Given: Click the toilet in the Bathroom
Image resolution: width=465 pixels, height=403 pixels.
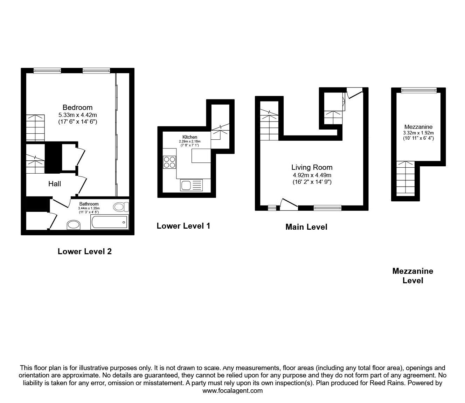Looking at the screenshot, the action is [121, 207].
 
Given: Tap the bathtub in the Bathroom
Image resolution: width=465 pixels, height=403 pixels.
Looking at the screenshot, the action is [110, 222].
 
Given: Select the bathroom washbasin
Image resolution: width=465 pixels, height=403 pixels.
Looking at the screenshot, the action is [74, 225].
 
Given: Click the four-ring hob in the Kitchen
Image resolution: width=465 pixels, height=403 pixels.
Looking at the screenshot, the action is [169, 162].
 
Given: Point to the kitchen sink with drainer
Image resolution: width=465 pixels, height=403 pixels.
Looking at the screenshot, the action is [192, 186].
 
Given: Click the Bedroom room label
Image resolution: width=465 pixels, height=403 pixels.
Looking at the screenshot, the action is [77, 107].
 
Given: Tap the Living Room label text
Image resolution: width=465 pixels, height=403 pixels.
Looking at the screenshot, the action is [312, 167].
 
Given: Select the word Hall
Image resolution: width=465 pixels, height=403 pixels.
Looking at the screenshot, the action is [55, 184].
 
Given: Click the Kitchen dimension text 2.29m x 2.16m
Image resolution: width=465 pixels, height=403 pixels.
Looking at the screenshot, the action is [190, 141].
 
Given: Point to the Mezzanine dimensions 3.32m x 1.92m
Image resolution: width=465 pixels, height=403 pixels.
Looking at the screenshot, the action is [418, 133].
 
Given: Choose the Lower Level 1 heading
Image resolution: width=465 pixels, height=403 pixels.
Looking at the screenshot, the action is [183, 226].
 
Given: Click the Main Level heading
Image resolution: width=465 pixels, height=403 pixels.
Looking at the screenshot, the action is [306, 227].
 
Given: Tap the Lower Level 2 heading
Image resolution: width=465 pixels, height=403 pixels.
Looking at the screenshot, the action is [85, 251].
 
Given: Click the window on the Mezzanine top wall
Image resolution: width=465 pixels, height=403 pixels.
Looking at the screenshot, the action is [419, 90].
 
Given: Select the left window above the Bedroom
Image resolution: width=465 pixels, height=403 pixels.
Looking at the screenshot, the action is [47, 71].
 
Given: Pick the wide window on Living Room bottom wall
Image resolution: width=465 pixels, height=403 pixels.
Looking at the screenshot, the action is [327, 208].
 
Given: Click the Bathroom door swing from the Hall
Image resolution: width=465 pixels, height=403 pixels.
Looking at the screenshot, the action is [60, 202].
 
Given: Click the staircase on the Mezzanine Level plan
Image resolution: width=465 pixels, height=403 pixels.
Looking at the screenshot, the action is [405, 179].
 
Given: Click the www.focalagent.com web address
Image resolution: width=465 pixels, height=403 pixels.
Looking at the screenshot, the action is [233, 391].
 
